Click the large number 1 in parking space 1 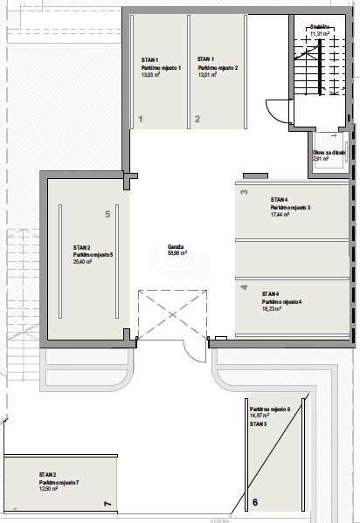pos(141,118)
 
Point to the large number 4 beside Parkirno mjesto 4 pos(244,286)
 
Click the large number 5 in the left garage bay pos(107,213)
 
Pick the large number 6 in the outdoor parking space pos(254,502)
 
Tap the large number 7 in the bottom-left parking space pos(107,504)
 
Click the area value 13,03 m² pos(153,75)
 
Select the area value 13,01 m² pos(208,75)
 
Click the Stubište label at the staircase pos(319,27)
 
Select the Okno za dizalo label pos(329,152)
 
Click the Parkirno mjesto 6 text pos(275,409)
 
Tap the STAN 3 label pos(259,423)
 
